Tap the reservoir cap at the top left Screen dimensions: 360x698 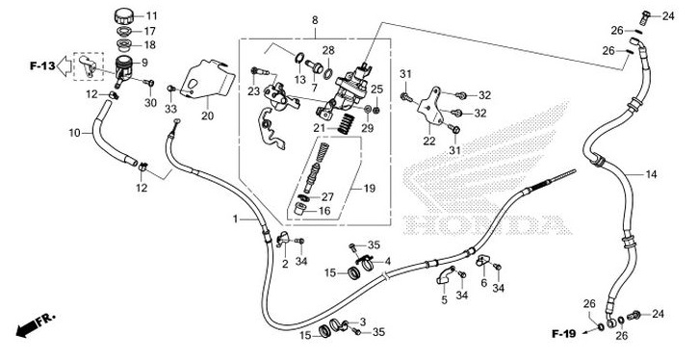(123, 16)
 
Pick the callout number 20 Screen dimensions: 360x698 (206, 117)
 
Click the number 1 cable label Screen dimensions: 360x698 (234, 220)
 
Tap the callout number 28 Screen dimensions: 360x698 (328, 50)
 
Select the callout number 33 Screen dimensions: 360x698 (170, 110)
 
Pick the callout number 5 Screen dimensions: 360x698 (444, 299)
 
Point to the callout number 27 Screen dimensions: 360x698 (327, 196)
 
